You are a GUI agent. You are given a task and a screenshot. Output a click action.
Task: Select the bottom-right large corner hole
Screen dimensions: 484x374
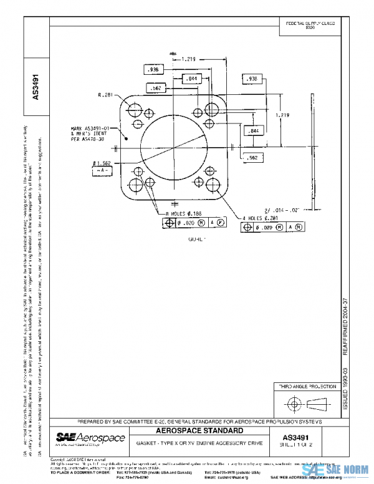(x=213, y=185)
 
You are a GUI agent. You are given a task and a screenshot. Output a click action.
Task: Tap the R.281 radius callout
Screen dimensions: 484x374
(x=104, y=95)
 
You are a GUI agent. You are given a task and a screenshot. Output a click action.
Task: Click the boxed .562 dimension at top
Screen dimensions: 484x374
(x=155, y=89)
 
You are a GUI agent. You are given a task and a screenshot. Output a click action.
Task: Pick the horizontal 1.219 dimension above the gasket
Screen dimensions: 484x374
(x=190, y=59)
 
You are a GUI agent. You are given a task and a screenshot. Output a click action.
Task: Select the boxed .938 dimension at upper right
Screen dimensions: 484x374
(x=252, y=79)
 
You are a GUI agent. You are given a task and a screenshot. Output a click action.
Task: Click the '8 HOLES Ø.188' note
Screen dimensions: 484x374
(x=182, y=213)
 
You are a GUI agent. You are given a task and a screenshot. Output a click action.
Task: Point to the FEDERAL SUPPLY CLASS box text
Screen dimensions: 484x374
(x=310, y=25)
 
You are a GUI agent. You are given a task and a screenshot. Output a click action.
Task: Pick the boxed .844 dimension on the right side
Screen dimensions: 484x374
(x=254, y=131)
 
